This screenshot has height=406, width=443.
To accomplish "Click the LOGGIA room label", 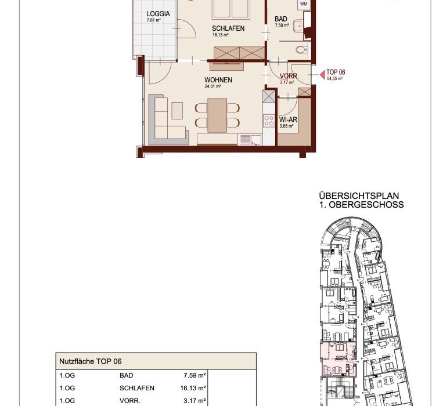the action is pos(158,14).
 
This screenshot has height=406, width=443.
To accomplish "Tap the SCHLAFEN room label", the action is pos(228,28).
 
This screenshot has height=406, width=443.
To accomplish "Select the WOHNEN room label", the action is pos(218,80).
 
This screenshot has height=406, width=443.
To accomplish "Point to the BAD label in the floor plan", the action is pos(281,19).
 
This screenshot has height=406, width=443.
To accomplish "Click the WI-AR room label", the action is pos(288,119).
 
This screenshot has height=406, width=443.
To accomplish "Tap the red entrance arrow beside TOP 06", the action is pos(322,75).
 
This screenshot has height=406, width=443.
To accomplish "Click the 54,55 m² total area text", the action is pos(335,79).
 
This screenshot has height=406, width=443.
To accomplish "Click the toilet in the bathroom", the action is pos(302,50).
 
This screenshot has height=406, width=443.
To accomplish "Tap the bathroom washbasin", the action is pos(298,26).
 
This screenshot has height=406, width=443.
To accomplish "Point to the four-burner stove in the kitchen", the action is pos(269,121).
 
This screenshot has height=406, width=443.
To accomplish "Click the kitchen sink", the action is pos(250,139).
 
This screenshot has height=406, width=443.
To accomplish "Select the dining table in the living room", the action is pos(217,115).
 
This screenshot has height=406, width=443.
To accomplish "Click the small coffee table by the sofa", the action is pos(177,111).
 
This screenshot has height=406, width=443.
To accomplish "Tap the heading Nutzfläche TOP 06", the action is pos(91,361).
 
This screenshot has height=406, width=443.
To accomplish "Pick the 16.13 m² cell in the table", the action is pos(193,388).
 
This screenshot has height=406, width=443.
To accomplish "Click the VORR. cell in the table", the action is pos(130,401).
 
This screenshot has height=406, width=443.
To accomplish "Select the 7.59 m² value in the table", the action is pos(195,375).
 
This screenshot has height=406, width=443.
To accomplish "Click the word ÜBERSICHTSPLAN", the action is pos(359,196).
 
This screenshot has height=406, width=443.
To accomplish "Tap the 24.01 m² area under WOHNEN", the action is pos(213,86).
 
